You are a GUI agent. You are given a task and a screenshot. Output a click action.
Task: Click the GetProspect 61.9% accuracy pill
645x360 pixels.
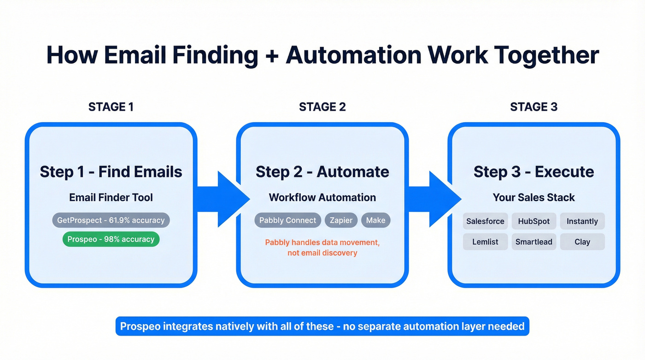pyautogui.click(x=111, y=220)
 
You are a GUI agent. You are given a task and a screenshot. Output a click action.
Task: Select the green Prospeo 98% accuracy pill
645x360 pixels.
pyautogui.click(x=111, y=239)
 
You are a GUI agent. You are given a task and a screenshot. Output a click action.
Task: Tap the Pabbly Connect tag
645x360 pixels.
pyautogui.click(x=287, y=220)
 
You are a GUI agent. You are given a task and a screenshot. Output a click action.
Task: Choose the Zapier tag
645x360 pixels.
pyautogui.click(x=341, y=220)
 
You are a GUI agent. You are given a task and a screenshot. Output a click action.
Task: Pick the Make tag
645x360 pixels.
pyautogui.click(x=375, y=220)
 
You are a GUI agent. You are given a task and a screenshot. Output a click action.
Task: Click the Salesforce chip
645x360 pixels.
pyautogui.click(x=485, y=221)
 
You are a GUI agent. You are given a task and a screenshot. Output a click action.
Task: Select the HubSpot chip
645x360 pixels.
pyautogui.click(x=534, y=221)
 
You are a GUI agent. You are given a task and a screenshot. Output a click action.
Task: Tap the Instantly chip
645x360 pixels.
pyautogui.click(x=582, y=221)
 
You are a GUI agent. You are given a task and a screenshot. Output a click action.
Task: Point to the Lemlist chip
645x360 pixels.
pyautogui.click(x=485, y=242)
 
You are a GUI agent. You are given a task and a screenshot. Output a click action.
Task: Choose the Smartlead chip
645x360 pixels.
pyautogui.click(x=534, y=242)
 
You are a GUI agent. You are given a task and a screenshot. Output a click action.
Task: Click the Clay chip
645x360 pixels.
pyautogui.click(x=582, y=242)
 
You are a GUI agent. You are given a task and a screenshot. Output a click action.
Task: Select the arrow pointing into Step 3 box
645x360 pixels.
pyautogui.click(x=435, y=199)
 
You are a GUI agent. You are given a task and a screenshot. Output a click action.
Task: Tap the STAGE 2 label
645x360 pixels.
pyautogui.click(x=322, y=107)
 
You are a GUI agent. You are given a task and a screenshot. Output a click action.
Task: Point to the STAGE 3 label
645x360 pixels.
pyautogui.click(x=534, y=107)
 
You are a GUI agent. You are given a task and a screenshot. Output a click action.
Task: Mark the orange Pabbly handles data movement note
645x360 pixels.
pyautogui.click(x=322, y=248)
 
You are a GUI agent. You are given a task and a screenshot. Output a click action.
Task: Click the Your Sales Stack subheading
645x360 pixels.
pyautogui.click(x=534, y=197)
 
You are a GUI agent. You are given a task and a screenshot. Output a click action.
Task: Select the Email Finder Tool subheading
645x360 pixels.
pyautogui.click(x=111, y=197)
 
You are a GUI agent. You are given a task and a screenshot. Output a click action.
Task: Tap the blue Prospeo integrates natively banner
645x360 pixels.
pyautogui.click(x=322, y=326)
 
